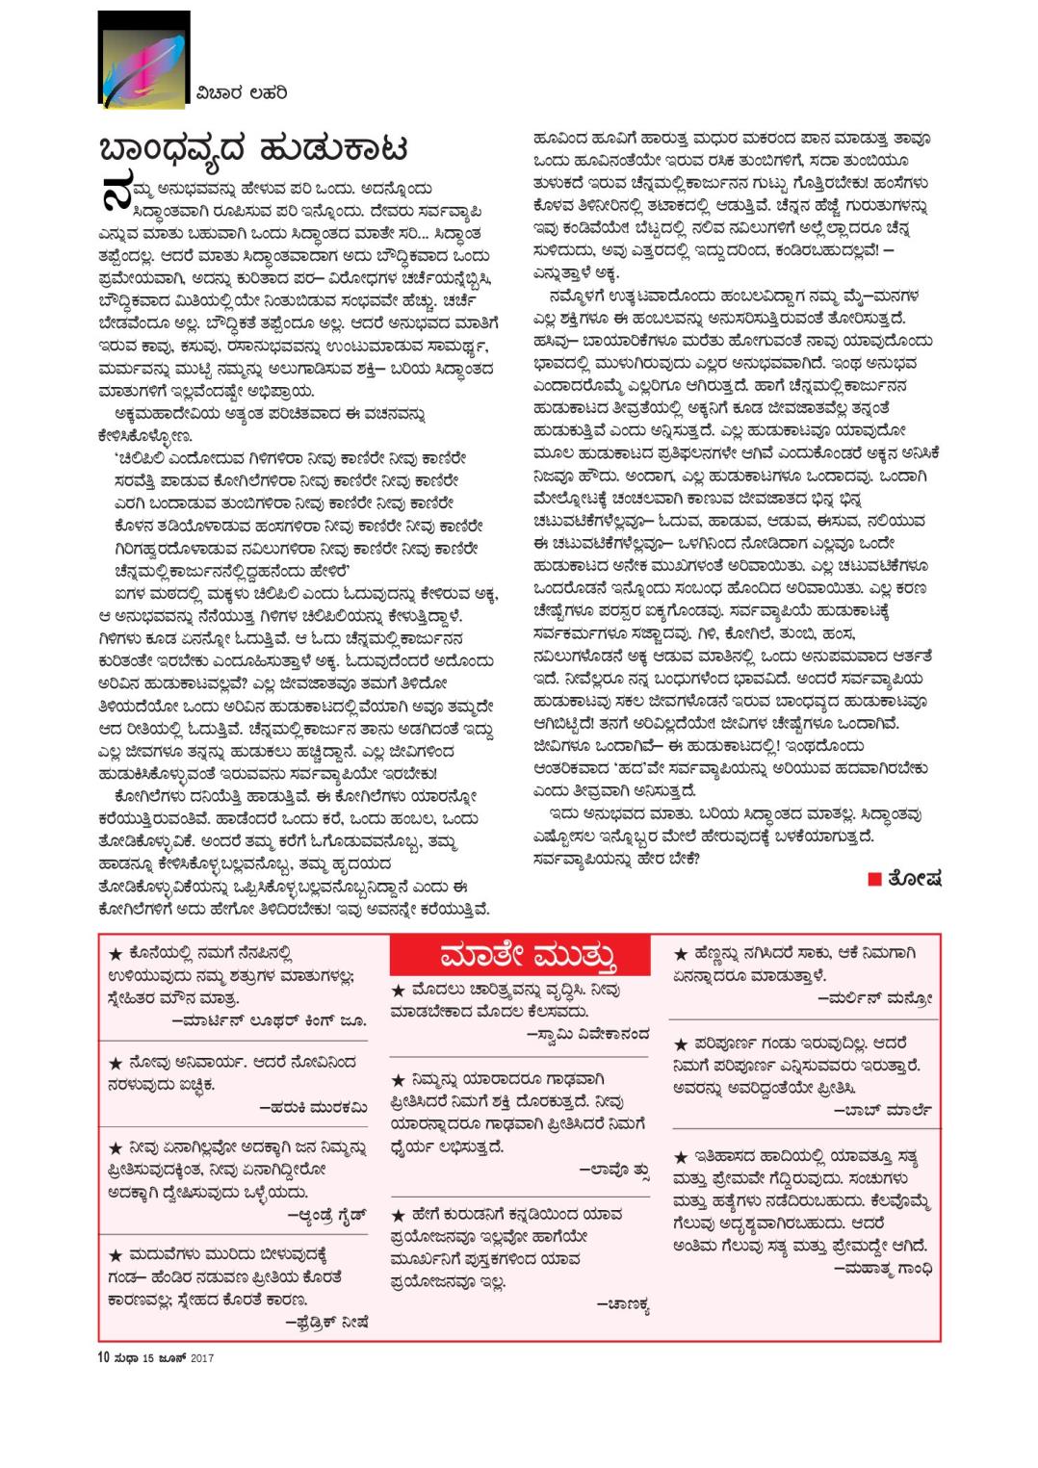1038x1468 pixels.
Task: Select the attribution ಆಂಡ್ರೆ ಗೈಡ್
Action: click(x=322, y=1215)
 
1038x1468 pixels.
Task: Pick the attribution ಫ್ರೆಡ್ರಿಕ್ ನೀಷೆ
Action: click(x=327, y=1321)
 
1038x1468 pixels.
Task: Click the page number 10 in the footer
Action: click(x=103, y=1358)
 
